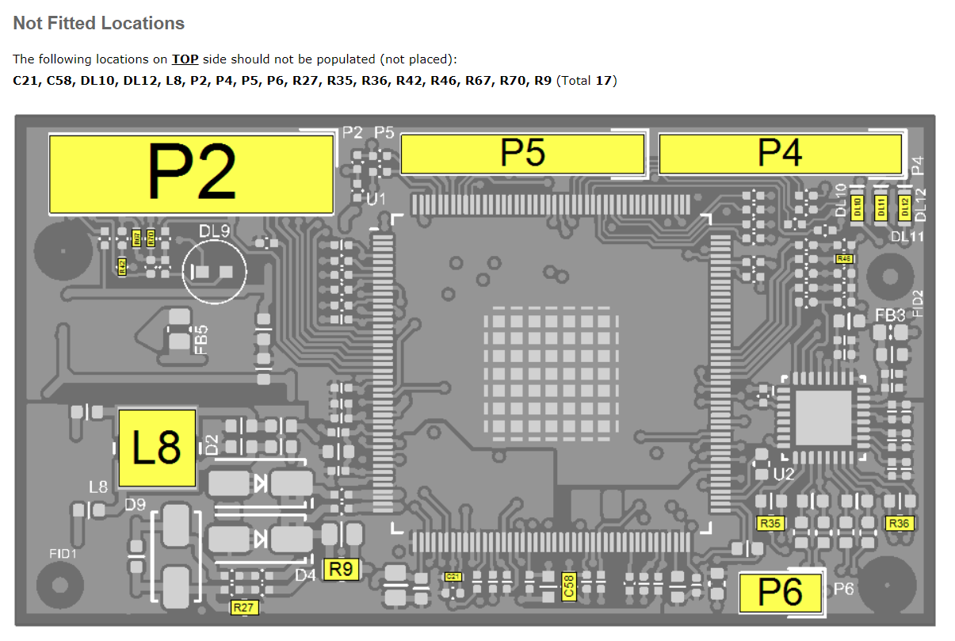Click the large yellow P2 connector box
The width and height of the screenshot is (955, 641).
191,174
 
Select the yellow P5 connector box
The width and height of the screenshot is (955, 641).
522,154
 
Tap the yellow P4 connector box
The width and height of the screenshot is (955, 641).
780,154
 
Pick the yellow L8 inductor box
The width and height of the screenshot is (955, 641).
157,448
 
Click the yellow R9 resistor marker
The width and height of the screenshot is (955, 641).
342,569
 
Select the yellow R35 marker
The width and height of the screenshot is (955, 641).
770,523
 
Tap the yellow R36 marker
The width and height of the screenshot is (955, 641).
899,523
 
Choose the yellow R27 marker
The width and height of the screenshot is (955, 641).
244,608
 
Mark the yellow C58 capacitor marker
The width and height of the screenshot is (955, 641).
567,586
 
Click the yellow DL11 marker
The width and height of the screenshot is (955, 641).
881,208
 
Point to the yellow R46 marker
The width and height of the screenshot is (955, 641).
844,258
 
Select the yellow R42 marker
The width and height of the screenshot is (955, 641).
122,266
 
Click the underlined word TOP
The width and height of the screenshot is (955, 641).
185,59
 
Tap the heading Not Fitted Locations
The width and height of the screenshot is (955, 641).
99,24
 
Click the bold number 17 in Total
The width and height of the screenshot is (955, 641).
605,80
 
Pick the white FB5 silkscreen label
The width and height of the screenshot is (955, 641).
202,338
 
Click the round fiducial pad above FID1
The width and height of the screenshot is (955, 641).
60,586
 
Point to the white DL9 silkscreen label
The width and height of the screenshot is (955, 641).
214,231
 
